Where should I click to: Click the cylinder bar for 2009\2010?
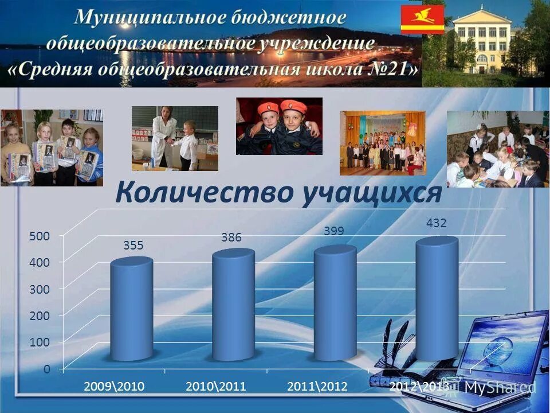tap(132, 310)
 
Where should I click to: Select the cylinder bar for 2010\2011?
tap(233, 306)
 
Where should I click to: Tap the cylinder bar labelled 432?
tap(437, 298)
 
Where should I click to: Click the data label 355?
tap(133, 246)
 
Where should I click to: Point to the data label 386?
tap(231, 237)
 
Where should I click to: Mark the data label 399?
tap(333, 231)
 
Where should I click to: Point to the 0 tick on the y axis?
tap(45, 369)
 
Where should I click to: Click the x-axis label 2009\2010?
tap(113, 386)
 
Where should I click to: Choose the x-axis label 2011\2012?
tap(317, 386)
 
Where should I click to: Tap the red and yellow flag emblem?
tap(422, 20)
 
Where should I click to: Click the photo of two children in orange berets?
tap(279, 126)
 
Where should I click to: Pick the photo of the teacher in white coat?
tap(175, 138)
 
